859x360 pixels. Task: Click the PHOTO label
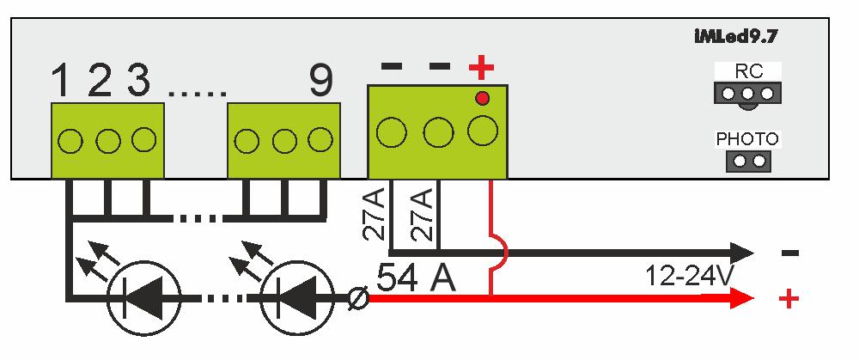(x=746, y=139)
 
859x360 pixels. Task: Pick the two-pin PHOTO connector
(x=747, y=161)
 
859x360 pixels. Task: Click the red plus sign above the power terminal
(x=482, y=67)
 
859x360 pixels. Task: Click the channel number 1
(x=61, y=82)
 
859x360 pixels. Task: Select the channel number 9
(x=320, y=82)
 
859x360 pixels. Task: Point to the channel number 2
(x=100, y=82)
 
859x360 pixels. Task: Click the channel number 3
(x=137, y=82)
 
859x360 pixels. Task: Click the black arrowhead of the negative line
(x=740, y=253)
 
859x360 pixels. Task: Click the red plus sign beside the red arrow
(x=788, y=299)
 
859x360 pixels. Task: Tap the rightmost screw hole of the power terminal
(x=483, y=131)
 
